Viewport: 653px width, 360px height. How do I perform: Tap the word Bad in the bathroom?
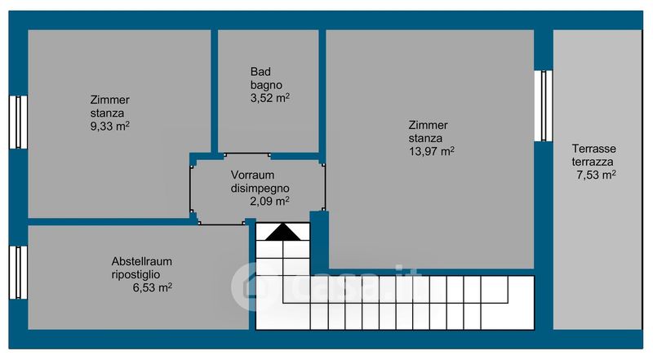(x=260, y=72)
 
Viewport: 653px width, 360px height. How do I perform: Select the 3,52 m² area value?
(x=270, y=98)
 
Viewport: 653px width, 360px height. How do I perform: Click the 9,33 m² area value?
(x=110, y=126)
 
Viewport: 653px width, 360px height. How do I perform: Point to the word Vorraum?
(x=252, y=175)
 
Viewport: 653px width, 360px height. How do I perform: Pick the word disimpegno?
(x=260, y=189)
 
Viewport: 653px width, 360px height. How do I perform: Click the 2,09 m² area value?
(x=269, y=202)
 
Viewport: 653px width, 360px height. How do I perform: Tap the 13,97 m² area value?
(x=431, y=151)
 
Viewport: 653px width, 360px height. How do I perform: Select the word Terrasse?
(x=594, y=149)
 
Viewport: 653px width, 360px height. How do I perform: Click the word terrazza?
(x=593, y=162)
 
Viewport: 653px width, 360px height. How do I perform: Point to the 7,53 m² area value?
(x=597, y=175)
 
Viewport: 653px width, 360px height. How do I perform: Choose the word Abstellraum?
(x=141, y=262)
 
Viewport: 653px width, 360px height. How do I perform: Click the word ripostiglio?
(x=135, y=274)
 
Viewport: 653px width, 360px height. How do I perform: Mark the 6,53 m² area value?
(x=153, y=287)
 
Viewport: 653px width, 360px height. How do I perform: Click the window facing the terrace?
(x=544, y=106)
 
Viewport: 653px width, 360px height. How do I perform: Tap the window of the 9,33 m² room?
(x=18, y=122)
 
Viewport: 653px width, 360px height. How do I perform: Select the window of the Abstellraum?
(x=18, y=273)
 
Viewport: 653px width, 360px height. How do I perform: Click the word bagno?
(x=266, y=86)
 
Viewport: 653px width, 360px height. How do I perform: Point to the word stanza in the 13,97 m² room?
(x=425, y=138)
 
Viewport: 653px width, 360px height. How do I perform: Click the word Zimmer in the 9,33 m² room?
(x=110, y=100)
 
